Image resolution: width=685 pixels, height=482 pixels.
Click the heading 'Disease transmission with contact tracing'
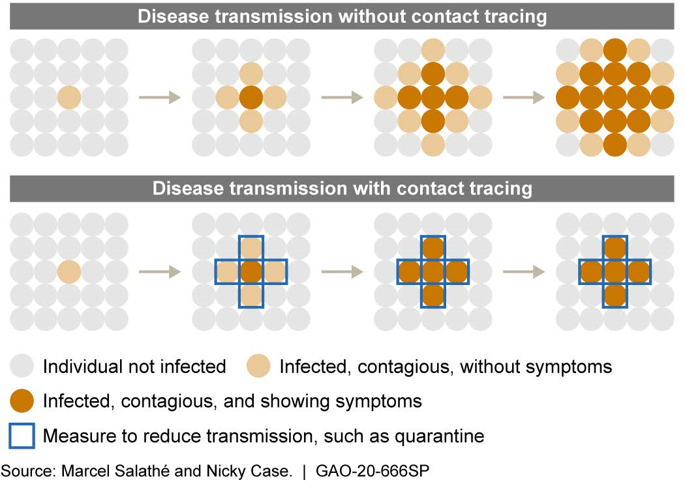[x=342, y=189]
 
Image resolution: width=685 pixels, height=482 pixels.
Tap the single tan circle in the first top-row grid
[x=69, y=98]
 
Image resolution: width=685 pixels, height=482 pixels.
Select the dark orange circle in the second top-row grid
[x=251, y=98]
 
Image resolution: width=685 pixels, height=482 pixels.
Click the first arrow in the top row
[x=160, y=98]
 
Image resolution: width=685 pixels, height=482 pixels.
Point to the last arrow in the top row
[x=524, y=98]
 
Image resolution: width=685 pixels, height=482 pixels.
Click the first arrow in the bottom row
[x=160, y=271]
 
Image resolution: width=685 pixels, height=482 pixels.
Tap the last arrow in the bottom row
[x=524, y=271]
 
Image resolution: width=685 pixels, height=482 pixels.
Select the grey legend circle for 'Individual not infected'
[x=22, y=367]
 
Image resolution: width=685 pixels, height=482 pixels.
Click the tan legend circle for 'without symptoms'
[x=259, y=367]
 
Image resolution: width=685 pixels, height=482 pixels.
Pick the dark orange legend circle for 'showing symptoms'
[x=22, y=400]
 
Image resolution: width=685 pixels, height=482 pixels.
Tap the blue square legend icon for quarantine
[x=22, y=436]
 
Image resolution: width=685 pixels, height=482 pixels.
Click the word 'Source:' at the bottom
[x=26, y=470]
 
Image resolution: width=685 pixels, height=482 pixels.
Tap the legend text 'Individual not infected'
[x=134, y=367]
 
